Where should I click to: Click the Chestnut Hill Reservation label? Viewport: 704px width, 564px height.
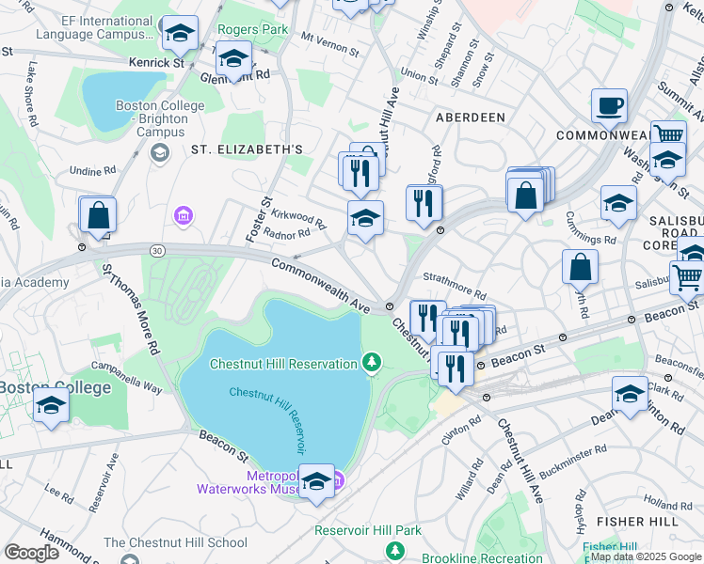(282, 364)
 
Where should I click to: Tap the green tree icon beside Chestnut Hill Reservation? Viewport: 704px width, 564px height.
(373, 363)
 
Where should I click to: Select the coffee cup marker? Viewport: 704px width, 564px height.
(609, 106)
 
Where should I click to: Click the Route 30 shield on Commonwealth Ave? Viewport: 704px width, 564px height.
(154, 249)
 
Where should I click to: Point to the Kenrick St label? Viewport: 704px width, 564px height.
(157, 62)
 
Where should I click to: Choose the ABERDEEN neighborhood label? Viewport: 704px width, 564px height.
(470, 117)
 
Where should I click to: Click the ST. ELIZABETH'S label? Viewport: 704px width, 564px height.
(247, 149)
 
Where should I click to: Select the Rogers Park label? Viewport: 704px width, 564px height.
(252, 29)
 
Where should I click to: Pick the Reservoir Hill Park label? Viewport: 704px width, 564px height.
(368, 530)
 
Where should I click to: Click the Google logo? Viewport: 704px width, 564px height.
(31, 552)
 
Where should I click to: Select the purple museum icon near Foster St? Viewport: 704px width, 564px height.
(183, 218)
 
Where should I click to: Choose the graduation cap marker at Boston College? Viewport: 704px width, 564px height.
(51, 405)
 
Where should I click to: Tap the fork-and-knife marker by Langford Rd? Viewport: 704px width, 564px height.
(424, 202)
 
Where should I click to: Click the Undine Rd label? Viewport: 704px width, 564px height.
(92, 171)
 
